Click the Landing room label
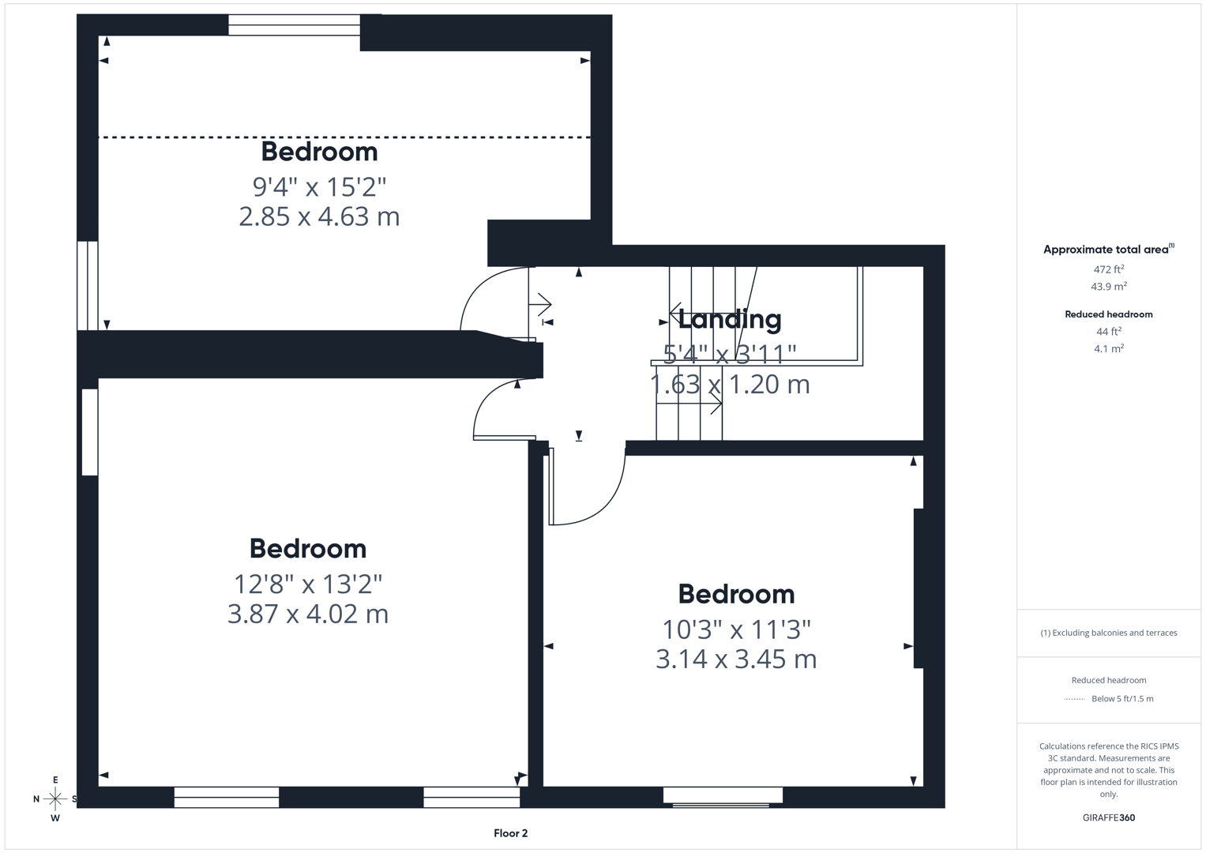[730, 319]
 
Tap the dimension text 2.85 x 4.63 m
[319, 216]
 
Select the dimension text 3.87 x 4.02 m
[308, 614]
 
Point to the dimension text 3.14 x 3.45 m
[736, 659]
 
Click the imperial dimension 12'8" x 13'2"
[308, 584]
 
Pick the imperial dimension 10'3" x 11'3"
[736, 629]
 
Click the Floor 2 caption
[510, 833]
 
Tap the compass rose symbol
[55, 799]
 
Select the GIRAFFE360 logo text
[1108, 817]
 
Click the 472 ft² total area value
[1108, 269]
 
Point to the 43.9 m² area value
[1108, 287]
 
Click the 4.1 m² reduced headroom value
[1108, 348]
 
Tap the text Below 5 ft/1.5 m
[1121, 699]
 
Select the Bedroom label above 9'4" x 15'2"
[319, 151]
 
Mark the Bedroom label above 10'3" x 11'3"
[736, 594]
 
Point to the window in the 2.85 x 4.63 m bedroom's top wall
[294, 25]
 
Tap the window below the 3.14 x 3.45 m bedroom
[723, 796]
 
